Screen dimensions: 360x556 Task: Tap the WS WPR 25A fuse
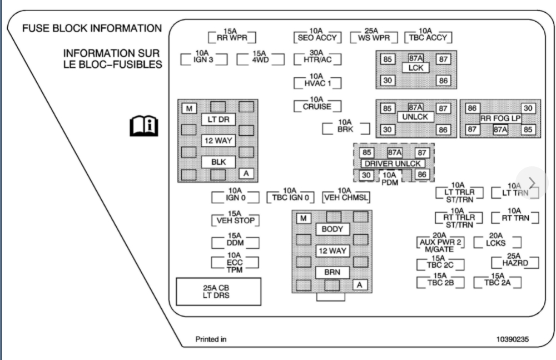(373, 37)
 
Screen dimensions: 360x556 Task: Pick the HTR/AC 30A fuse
(317, 59)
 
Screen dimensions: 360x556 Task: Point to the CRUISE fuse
(317, 105)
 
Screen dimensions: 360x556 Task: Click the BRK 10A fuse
(345, 128)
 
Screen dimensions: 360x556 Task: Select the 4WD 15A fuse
(260, 59)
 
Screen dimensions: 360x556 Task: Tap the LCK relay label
(416, 68)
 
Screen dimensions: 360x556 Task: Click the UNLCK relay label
(416, 117)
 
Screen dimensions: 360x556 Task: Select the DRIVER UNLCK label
(394, 164)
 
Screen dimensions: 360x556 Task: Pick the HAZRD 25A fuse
(514, 262)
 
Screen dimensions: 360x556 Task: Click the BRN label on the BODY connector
(332, 272)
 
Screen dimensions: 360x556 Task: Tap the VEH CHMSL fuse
(346, 197)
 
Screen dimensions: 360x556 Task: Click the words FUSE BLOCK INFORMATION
(92, 28)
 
